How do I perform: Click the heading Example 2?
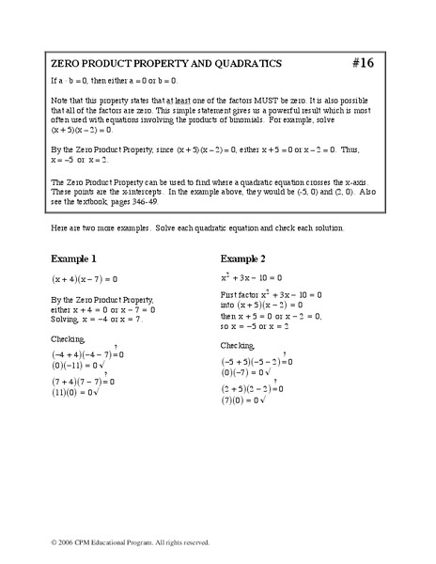click(x=248, y=258)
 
